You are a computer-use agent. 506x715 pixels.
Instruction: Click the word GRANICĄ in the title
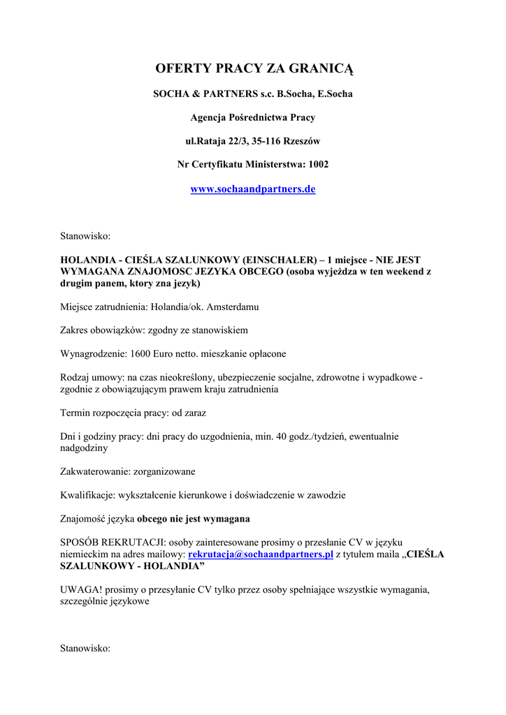tap(318, 68)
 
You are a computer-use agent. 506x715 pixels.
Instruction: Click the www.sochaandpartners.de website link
tap(253, 189)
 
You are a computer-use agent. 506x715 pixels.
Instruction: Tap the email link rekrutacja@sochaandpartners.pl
tap(261, 554)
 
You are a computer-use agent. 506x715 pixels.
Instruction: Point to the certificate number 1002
tap(318, 164)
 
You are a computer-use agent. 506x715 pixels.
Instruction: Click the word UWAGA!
tap(80, 589)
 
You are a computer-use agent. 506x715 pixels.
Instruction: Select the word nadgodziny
tap(85, 448)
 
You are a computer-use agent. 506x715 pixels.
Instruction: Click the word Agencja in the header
tap(210, 117)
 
